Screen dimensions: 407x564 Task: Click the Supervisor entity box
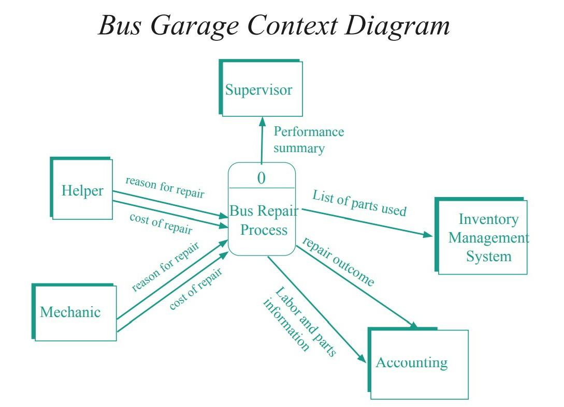261,88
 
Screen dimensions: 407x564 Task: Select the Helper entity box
82,189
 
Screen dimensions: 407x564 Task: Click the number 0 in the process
261,178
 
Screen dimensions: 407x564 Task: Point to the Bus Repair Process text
263,220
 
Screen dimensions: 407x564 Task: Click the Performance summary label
308,140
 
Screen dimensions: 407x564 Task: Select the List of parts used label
359,203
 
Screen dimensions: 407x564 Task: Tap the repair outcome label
338,262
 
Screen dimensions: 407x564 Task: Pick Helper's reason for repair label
165,187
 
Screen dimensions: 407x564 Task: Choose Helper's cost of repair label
161,223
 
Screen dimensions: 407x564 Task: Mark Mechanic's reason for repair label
165,266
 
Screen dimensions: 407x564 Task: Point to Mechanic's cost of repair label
196,289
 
